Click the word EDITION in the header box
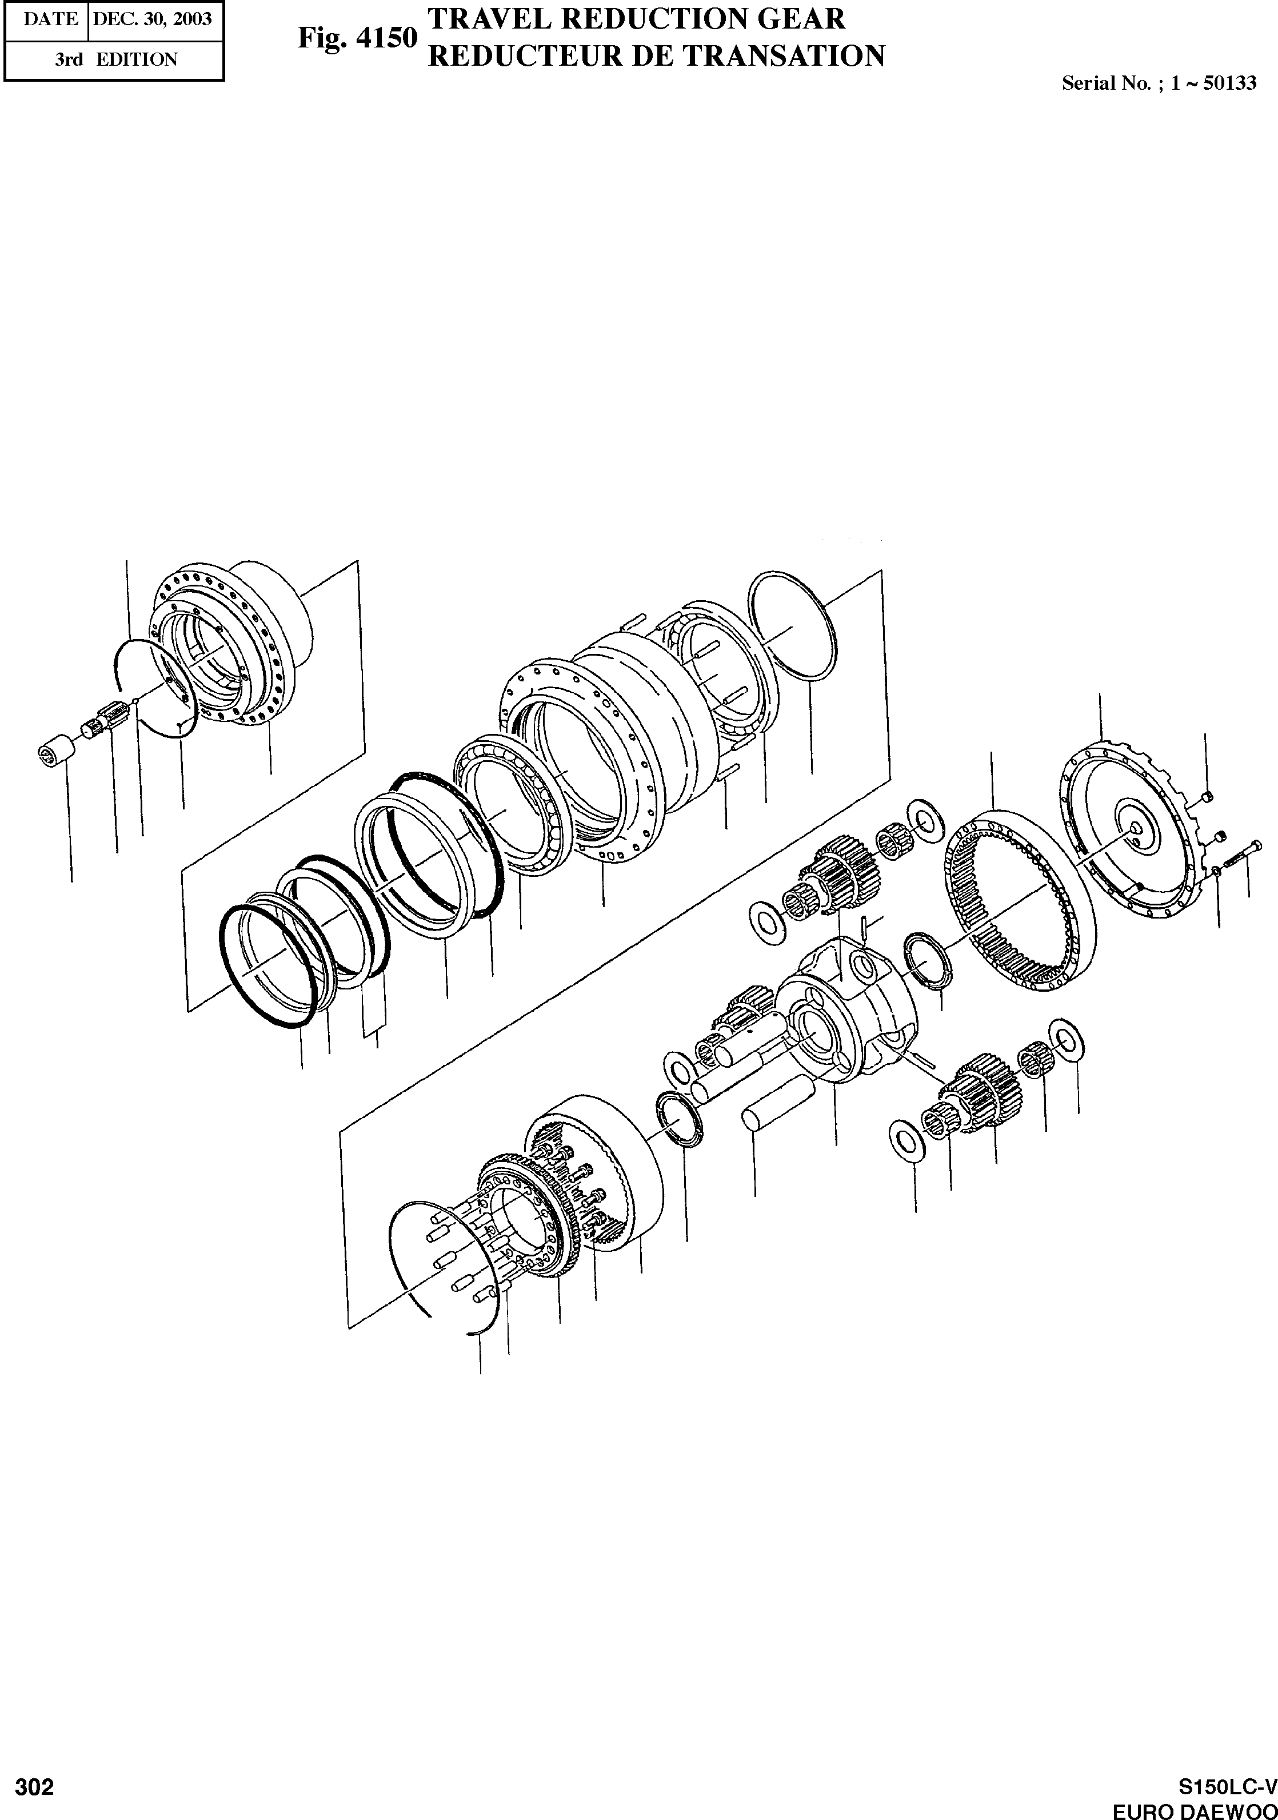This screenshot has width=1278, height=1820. pos(137,59)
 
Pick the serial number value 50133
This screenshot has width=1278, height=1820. pos(1229,83)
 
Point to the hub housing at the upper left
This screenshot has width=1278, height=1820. pos(238,642)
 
